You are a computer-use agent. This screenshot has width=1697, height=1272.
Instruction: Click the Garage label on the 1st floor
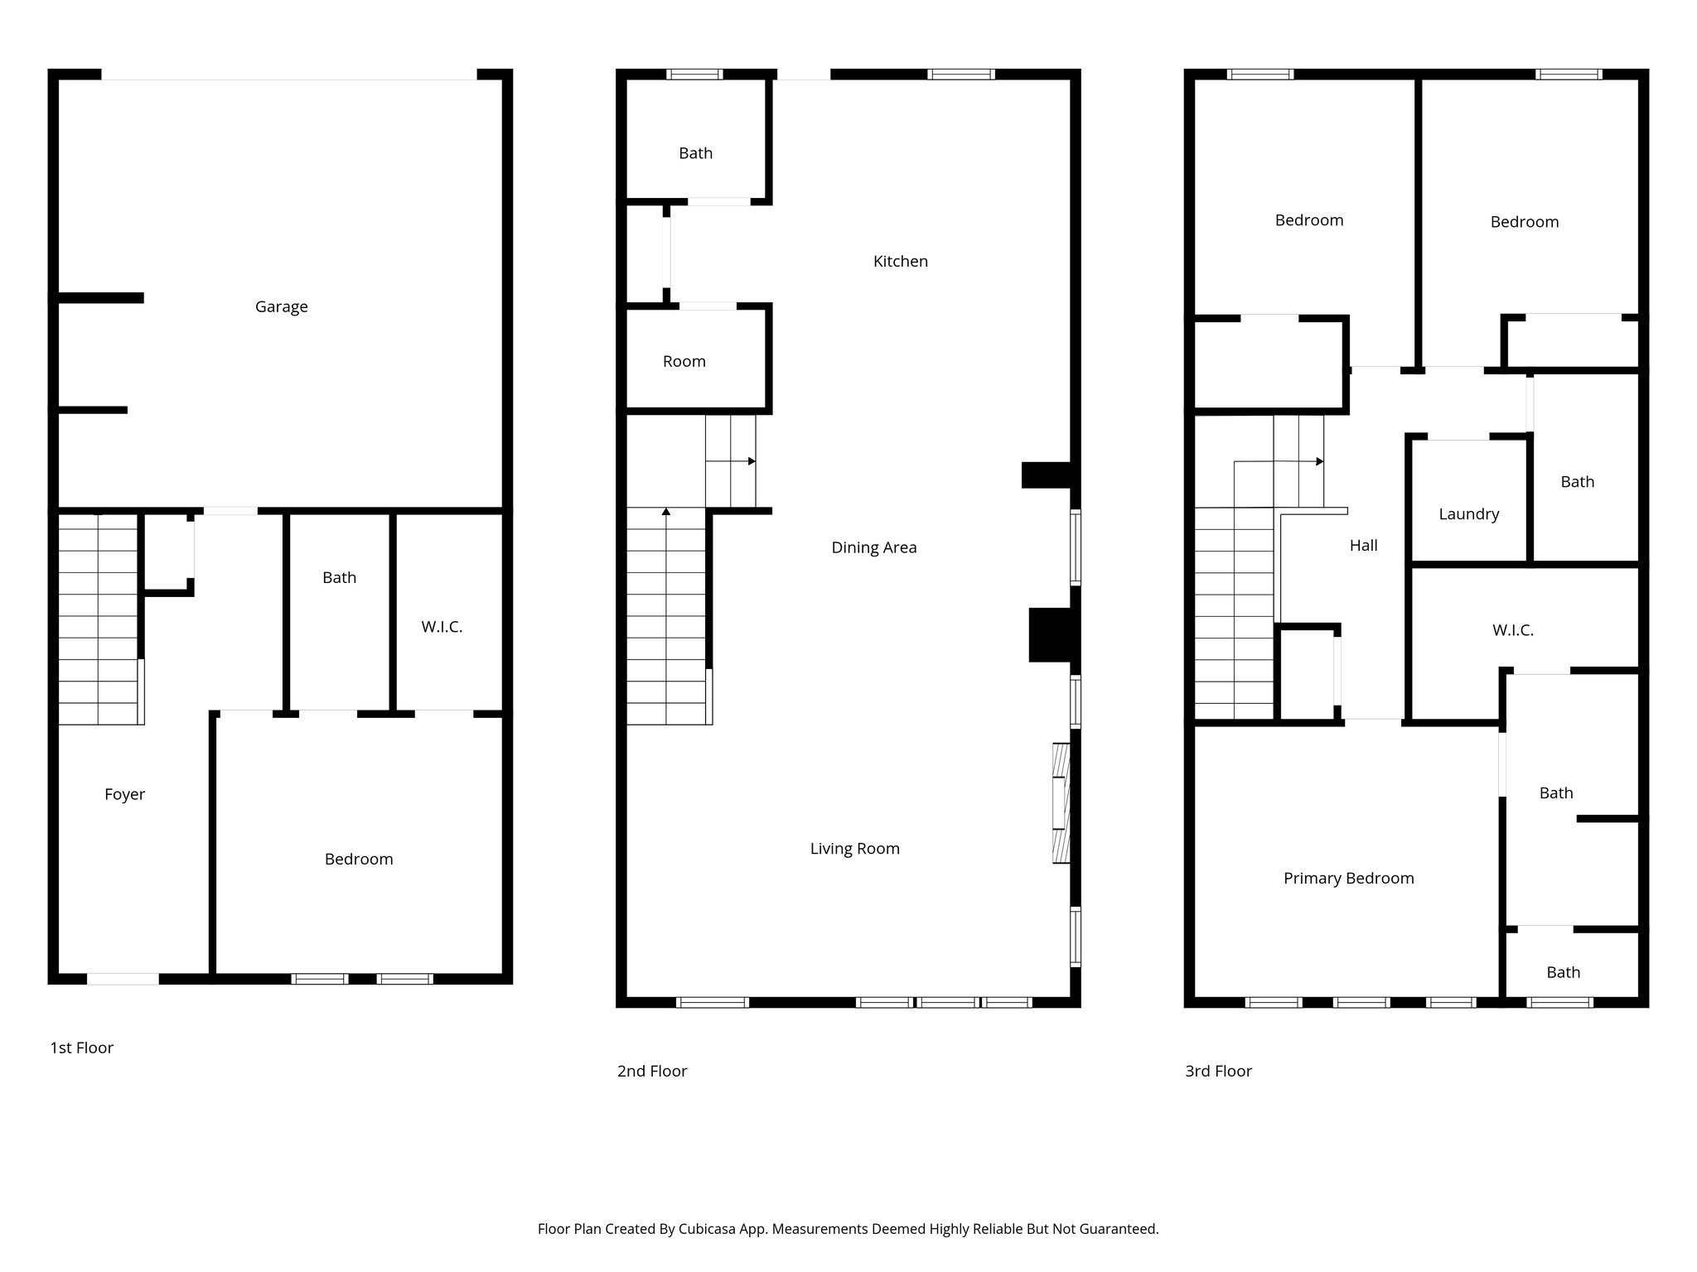point(281,306)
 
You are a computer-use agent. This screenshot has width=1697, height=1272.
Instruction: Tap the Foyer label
point(124,794)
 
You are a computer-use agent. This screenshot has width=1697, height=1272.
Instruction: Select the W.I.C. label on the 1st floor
point(442,627)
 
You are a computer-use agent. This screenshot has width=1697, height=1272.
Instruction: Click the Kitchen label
point(900,261)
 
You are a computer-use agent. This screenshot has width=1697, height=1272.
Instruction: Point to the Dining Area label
point(873,547)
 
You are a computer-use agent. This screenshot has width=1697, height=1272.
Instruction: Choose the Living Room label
point(854,848)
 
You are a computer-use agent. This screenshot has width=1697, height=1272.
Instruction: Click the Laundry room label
point(1468,514)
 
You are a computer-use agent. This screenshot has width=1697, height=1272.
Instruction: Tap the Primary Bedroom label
point(1348,878)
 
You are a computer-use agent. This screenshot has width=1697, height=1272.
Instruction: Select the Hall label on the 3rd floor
point(1363,545)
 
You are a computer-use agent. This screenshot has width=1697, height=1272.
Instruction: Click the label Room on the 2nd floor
point(684,361)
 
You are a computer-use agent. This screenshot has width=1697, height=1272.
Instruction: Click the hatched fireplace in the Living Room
point(1061,803)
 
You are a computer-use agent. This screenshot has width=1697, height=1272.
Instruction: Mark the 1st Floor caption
point(81,1048)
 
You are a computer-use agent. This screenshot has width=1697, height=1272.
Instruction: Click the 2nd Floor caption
point(651,1071)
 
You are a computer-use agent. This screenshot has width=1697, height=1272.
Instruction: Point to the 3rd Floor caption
point(1217,1071)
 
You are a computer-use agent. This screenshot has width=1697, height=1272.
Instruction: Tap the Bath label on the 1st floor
point(339,577)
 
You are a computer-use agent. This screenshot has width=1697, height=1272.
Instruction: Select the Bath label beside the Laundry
point(1577,482)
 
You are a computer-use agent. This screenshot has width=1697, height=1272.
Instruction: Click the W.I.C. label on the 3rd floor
point(1512,630)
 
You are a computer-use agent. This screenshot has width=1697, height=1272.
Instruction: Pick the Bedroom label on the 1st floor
point(358,859)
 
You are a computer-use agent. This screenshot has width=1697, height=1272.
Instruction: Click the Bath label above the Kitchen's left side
point(695,153)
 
